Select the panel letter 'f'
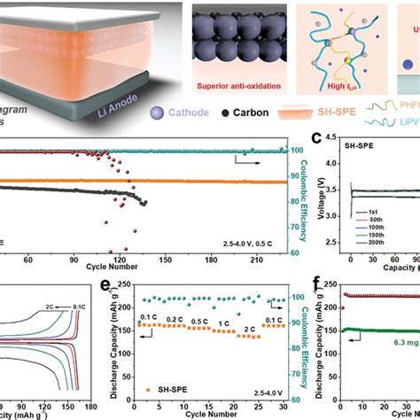pyautogui.click(x=316, y=285)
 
